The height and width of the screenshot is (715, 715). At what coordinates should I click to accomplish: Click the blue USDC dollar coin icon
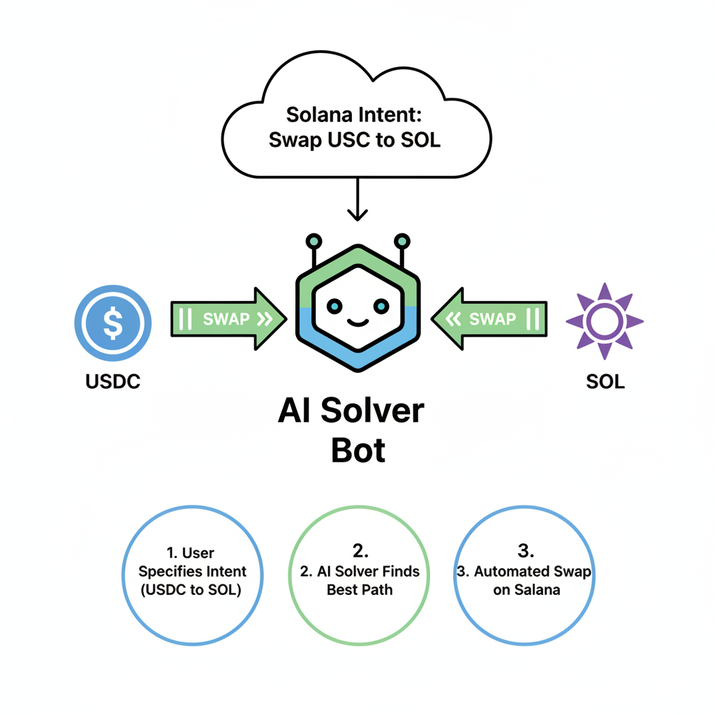(112, 323)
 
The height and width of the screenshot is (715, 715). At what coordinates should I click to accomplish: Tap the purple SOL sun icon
(605, 321)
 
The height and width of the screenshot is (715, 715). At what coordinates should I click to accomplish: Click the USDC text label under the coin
(112, 381)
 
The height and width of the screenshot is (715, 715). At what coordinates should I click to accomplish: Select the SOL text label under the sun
(605, 381)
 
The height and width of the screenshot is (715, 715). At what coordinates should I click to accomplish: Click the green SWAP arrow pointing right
(228, 319)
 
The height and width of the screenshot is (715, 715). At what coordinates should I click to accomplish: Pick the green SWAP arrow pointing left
(489, 319)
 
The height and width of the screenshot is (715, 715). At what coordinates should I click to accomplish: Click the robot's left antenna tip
(314, 241)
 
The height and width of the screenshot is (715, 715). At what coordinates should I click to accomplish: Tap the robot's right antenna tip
(401, 241)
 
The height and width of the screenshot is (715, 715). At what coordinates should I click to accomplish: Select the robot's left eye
(334, 305)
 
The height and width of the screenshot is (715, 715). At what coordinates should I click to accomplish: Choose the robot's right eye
(381, 305)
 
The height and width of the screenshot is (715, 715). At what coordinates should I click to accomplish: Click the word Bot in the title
(357, 451)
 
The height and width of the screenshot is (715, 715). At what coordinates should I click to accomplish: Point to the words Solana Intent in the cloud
(357, 113)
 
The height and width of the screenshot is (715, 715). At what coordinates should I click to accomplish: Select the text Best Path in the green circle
(360, 589)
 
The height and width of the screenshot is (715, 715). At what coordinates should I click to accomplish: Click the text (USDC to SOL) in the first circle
(192, 590)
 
